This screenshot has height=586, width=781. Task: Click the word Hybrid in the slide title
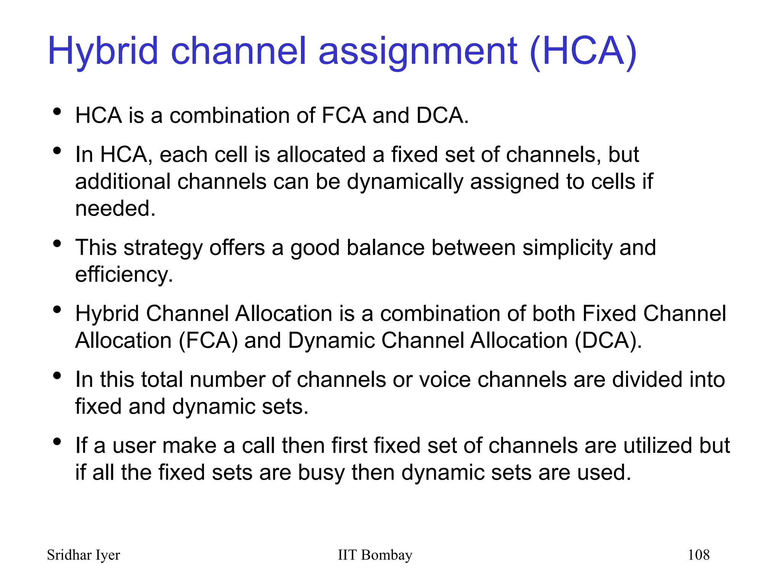[x=103, y=51]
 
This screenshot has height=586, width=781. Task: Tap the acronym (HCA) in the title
[x=583, y=51]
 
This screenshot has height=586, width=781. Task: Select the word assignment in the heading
[x=418, y=51]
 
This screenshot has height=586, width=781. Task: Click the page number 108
[x=698, y=555]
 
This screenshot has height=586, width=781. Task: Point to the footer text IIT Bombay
[x=375, y=555]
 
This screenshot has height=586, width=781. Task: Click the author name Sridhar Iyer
[x=83, y=555]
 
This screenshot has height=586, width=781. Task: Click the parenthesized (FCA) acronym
[x=208, y=340]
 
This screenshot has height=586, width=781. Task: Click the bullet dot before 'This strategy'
[x=57, y=243]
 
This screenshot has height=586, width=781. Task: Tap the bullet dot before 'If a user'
[x=57, y=442]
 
